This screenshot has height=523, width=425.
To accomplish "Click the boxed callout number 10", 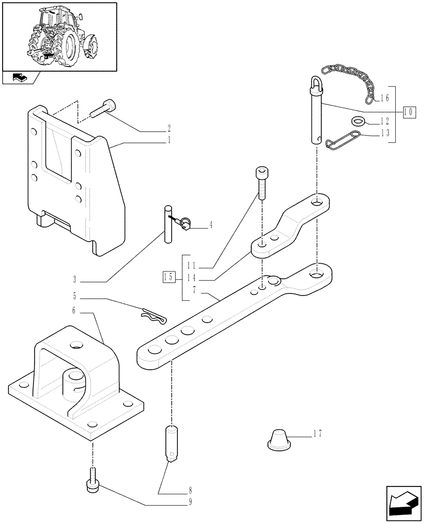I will (x=409, y=111).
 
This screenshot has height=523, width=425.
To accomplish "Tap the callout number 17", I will (x=317, y=434).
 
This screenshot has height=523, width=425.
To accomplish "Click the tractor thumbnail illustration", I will (x=59, y=36).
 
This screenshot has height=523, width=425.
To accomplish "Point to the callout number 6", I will (x=74, y=310).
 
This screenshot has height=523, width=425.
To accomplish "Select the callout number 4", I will (x=211, y=225).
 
